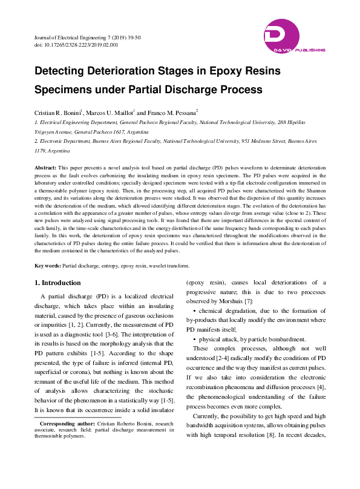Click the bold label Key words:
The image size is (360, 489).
(47, 266)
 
